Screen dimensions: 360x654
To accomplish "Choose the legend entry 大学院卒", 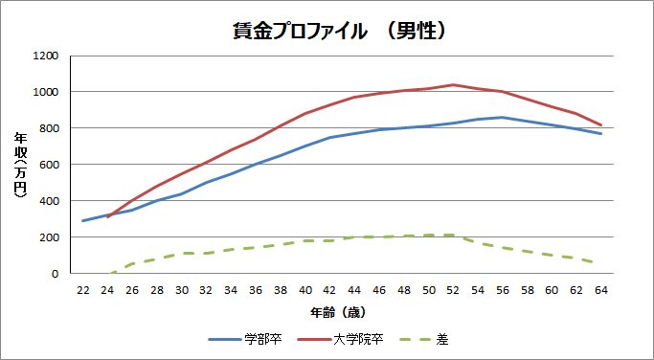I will (347, 339).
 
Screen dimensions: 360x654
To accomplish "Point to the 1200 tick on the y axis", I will (46, 56).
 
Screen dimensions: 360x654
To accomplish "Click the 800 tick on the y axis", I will (49, 128).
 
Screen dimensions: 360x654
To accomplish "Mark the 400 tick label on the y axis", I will (49, 201).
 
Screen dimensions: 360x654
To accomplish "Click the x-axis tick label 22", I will (83, 289).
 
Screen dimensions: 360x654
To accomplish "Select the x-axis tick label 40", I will (305, 289).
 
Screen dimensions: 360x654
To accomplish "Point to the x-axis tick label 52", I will (453, 289).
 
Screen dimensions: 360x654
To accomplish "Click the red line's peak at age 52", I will (453, 85).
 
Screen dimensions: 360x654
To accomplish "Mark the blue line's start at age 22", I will (83, 221).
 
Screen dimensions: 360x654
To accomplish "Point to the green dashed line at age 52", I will (453, 236).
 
